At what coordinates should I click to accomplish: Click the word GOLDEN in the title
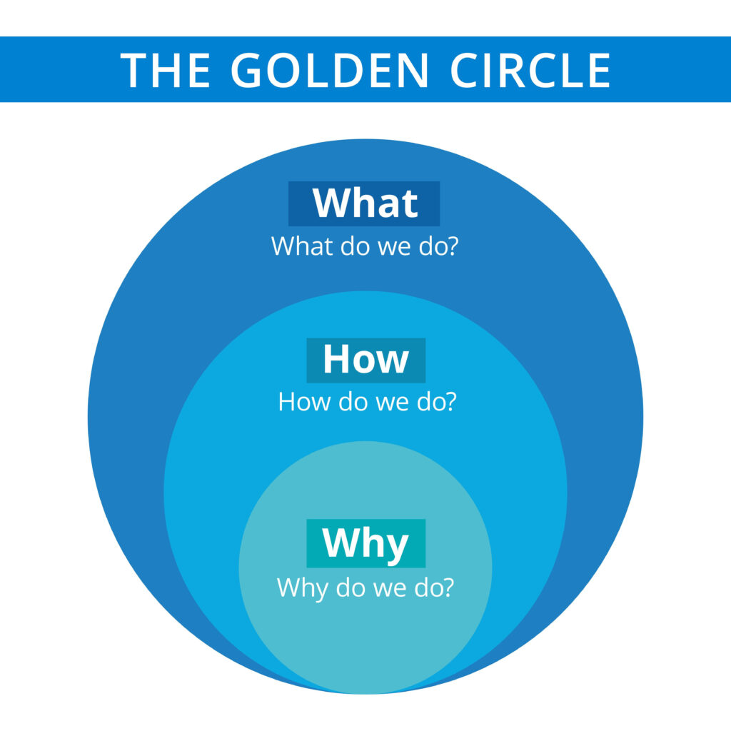(x=330, y=70)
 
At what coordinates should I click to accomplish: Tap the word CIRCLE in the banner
(x=530, y=70)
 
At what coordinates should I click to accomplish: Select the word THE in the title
(x=165, y=70)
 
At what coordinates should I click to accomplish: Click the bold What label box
(x=364, y=203)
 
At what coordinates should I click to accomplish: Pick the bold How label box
(x=366, y=360)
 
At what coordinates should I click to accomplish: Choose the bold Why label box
(x=366, y=543)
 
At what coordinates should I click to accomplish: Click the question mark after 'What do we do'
(x=452, y=246)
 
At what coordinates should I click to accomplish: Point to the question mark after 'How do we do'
(x=450, y=401)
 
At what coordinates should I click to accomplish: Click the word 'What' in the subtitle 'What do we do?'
(x=303, y=246)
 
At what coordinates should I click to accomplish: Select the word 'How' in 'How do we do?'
(x=304, y=401)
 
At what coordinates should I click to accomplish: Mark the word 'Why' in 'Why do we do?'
(x=302, y=588)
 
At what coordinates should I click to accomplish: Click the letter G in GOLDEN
(x=246, y=70)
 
